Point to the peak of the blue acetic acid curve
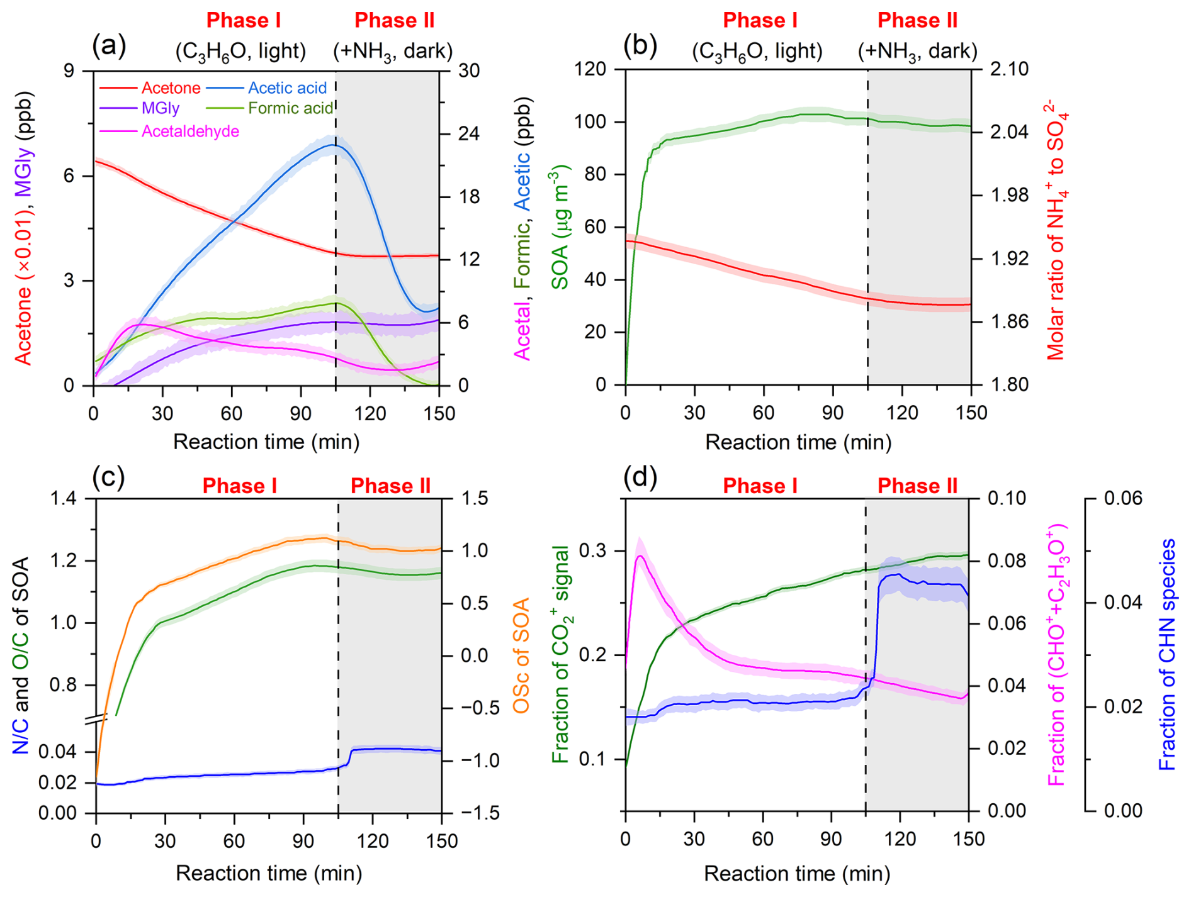tap(332, 145)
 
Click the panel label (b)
tap(640, 46)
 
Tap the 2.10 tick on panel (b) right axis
tap(1009, 69)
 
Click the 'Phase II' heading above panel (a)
tap(394, 21)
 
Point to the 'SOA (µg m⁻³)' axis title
tap(559, 227)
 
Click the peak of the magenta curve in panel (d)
tap(640, 556)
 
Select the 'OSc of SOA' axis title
tap(521, 655)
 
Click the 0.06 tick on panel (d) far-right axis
tap(1123, 499)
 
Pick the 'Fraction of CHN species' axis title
tap(1167, 655)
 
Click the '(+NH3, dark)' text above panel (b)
tap(917, 51)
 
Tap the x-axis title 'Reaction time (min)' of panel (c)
tap(269, 873)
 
